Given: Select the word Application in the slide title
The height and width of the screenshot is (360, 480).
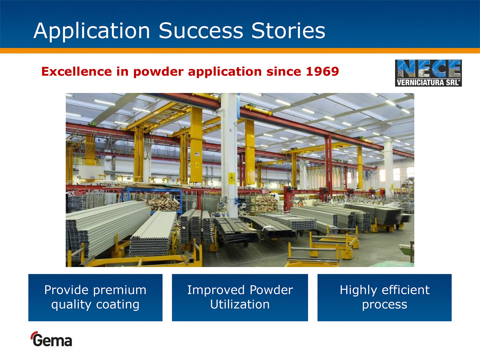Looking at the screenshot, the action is (x=92, y=31).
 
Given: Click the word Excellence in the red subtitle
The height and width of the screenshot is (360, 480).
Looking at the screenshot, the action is (x=76, y=71).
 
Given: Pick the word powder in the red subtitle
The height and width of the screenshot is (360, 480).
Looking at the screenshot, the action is (x=158, y=72).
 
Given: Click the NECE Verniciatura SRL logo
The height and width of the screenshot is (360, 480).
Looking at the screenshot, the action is (x=428, y=73).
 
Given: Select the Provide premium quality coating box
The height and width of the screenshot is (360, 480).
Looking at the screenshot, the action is (x=95, y=298).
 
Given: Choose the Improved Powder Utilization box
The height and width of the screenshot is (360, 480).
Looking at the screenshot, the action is (x=240, y=298).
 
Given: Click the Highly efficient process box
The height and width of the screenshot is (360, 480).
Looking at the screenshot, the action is (x=384, y=298).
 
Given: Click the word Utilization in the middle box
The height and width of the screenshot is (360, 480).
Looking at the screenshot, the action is (x=240, y=304).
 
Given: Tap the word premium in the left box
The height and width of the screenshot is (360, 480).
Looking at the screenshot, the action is (x=120, y=291).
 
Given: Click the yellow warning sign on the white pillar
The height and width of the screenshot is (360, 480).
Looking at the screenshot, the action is (x=231, y=179).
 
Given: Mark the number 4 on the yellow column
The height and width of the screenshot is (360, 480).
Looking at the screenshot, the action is (x=197, y=165).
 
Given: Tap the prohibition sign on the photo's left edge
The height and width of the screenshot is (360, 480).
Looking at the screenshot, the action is (x=71, y=194).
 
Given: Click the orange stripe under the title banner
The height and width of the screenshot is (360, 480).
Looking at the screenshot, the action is (x=240, y=51).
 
